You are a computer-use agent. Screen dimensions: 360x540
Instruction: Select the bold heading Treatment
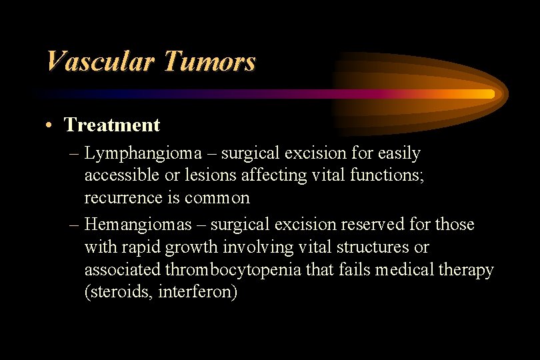112,125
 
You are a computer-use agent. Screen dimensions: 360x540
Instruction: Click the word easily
398,153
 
